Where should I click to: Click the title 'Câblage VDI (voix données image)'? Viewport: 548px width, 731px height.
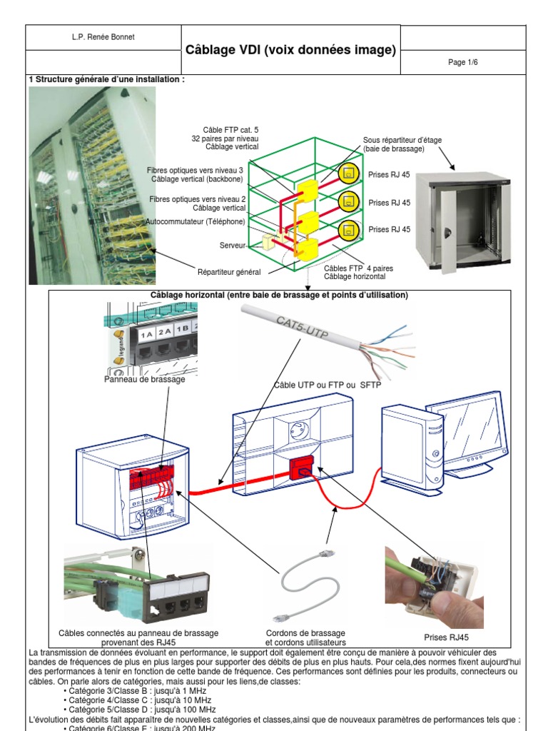coord(290,50)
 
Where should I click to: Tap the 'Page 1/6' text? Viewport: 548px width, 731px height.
coord(462,63)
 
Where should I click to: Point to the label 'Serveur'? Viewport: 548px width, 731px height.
coord(232,245)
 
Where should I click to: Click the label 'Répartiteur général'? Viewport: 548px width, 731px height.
coord(229,272)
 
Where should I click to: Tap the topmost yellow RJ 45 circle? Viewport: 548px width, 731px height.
coord(347,173)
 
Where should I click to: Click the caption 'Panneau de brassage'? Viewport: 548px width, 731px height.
coord(144,380)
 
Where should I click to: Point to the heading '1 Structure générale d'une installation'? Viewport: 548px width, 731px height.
coord(106,80)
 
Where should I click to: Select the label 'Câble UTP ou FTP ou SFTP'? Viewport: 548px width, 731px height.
coord(328,385)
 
